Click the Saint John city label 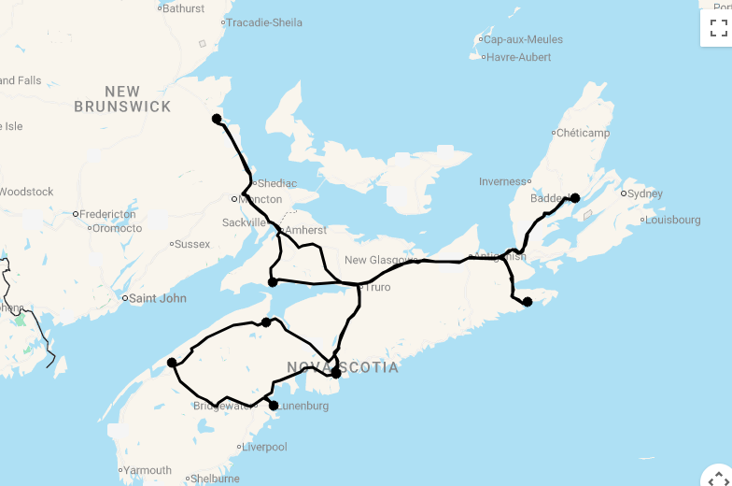pyautogui.click(x=157, y=299)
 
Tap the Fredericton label pyautogui.click(x=107, y=214)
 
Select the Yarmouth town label pyautogui.click(x=148, y=470)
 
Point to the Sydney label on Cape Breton pyautogui.click(x=644, y=193)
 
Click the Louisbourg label pyautogui.click(x=671, y=221)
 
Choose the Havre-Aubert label pyautogui.click(x=518, y=57)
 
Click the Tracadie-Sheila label pyautogui.click(x=264, y=22)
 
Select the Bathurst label pyautogui.click(x=183, y=8)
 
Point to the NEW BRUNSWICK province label pyautogui.click(x=123, y=99)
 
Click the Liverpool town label pyautogui.click(x=264, y=448)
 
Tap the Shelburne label pyautogui.click(x=216, y=479)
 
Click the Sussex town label pyautogui.click(x=192, y=244)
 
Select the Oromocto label pyautogui.click(x=118, y=228)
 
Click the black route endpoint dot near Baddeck pyautogui.click(x=575, y=198)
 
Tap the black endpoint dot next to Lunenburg pyautogui.click(x=274, y=406)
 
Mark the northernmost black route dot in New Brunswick pyautogui.click(x=217, y=119)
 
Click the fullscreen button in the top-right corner pyautogui.click(x=718, y=28)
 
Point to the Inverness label pyautogui.click(x=503, y=181)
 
